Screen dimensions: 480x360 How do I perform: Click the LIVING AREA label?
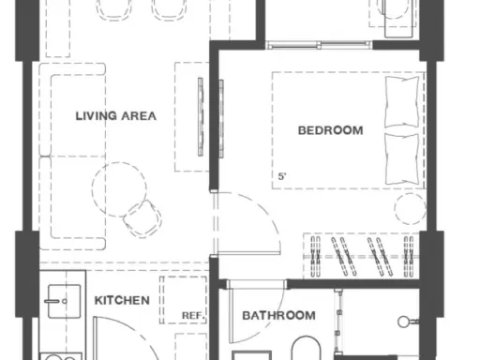[116, 116]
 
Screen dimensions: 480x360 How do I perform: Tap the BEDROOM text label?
[331, 130]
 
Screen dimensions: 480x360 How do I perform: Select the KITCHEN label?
[122, 300]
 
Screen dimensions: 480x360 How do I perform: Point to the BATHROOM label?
[278, 315]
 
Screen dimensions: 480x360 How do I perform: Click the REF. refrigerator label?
[193, 316]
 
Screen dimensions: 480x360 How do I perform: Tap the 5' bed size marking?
[282, 176]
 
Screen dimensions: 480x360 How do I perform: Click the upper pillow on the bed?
[402, 101]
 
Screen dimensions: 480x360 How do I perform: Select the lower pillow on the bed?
[402, 159]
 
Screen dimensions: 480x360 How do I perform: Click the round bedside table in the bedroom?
[410, 208]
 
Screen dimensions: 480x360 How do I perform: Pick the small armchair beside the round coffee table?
[142, 218]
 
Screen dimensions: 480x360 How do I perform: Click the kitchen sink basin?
[64, 301]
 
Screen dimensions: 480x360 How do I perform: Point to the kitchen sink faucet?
[55, 301]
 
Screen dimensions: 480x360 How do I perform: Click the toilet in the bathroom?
[307, 348]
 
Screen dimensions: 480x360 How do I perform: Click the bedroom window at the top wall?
[319, 45]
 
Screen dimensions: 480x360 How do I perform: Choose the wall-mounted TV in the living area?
[201, 117]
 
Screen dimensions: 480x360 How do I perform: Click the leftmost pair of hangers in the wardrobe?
[316, 257]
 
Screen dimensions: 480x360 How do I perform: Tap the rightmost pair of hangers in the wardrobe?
[409, 257]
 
